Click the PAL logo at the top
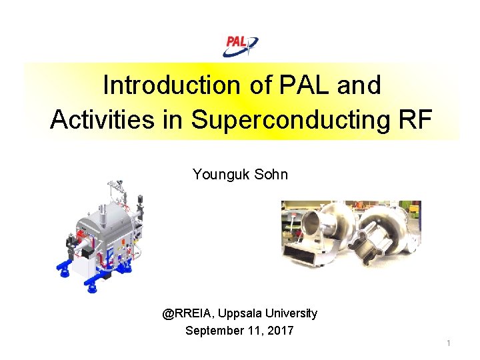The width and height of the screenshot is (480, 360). tap(240, 45)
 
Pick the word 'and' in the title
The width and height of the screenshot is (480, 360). tap(359, 85)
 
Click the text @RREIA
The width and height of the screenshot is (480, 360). tap(188, 313)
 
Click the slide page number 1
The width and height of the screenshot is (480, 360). tap(449, 343)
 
